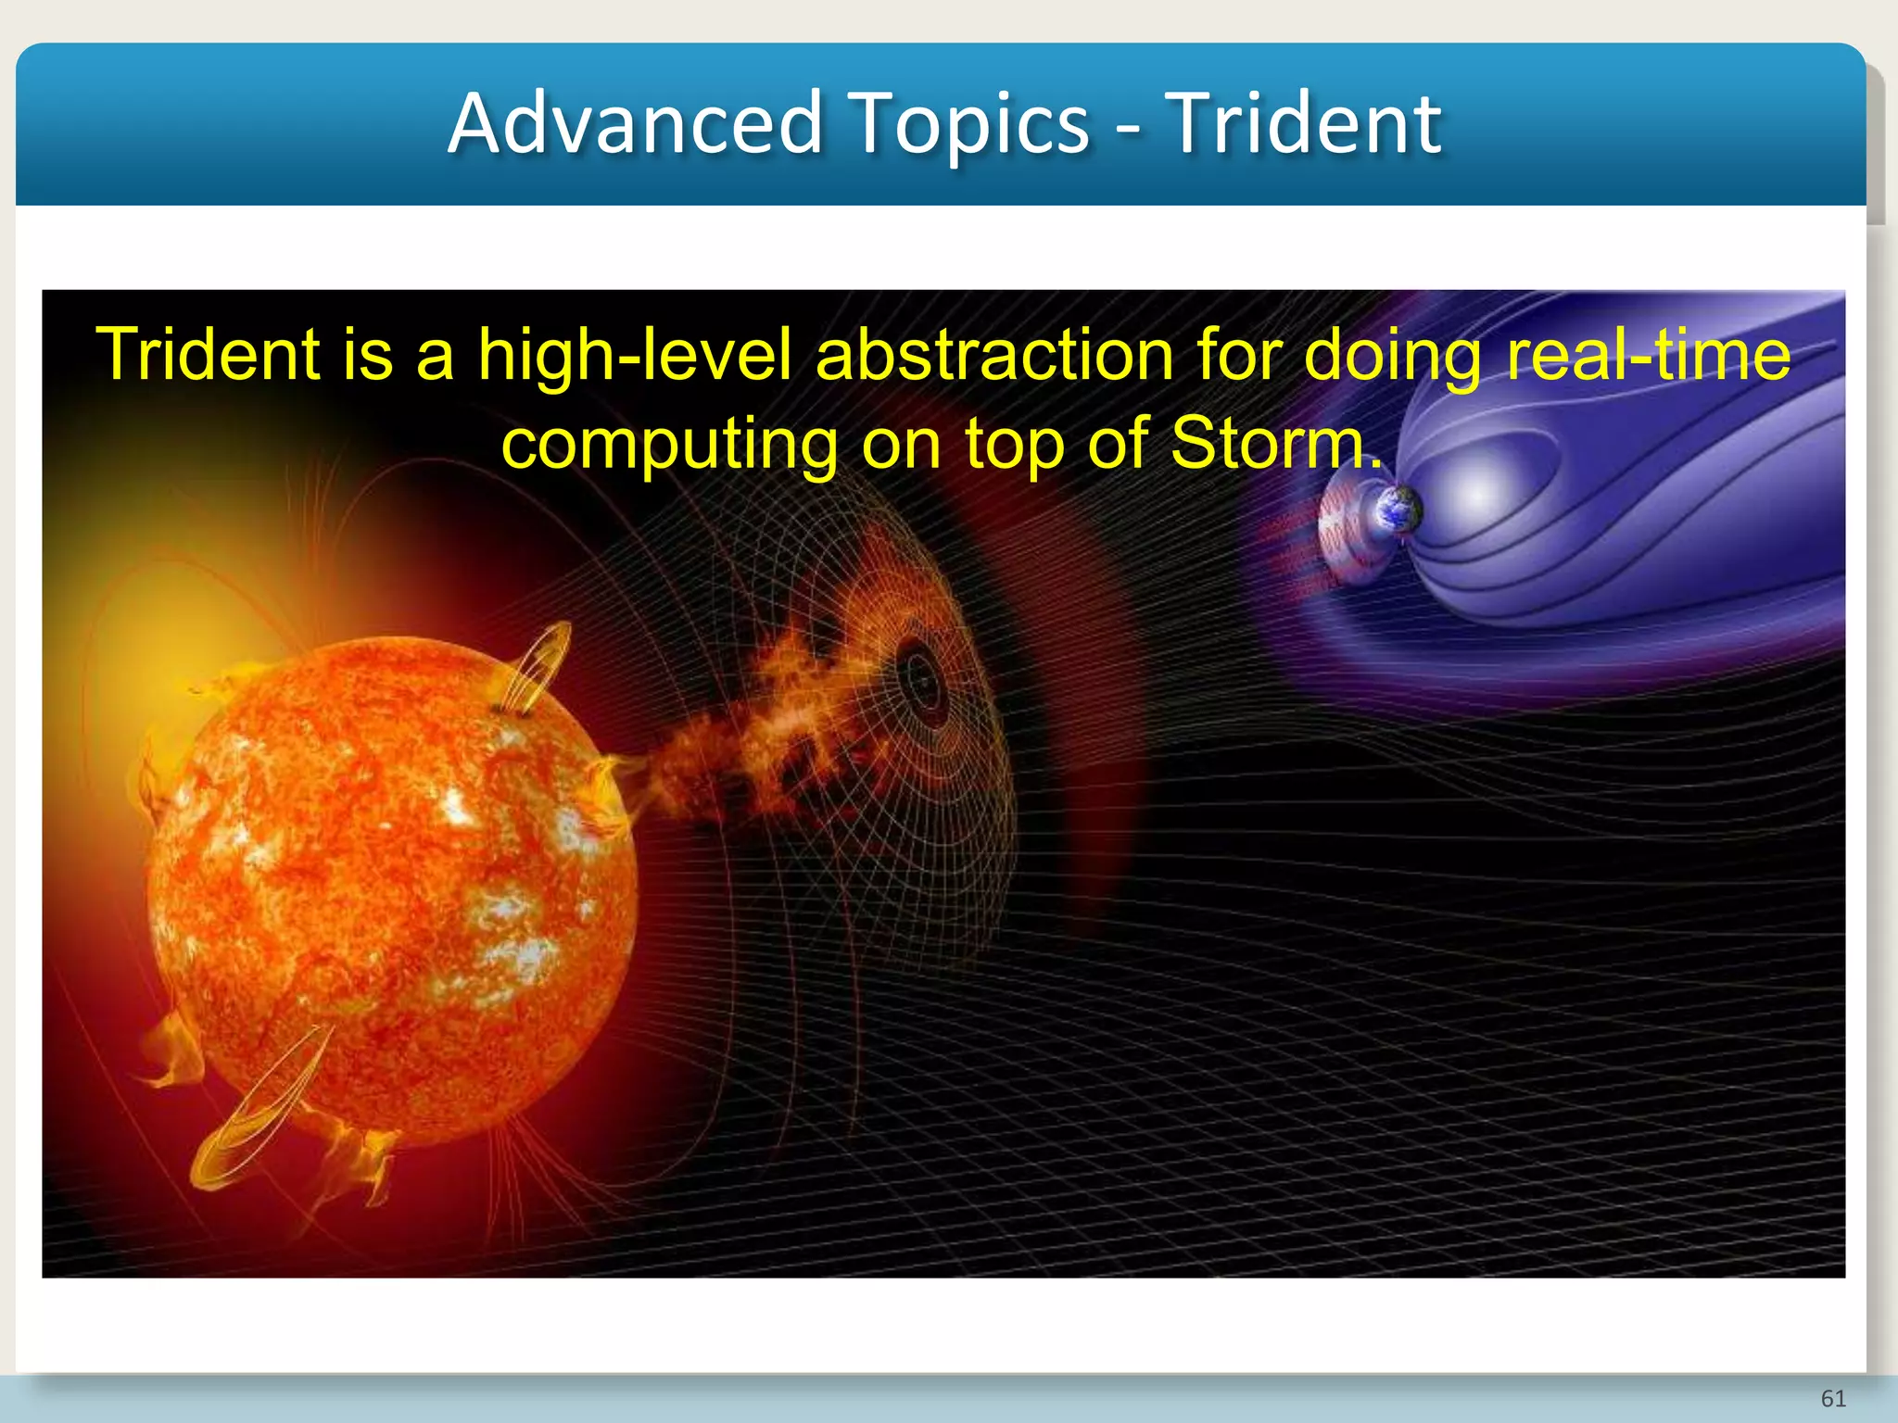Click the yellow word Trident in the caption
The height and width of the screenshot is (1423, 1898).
[208, 354]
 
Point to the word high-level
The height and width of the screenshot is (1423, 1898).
[634, 356]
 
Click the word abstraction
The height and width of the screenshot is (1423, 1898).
[994, 356]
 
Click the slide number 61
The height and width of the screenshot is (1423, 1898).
[1833, 1398]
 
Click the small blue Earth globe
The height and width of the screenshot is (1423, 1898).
[1398, 510]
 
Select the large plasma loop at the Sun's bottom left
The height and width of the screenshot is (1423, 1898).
[259, 1112]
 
